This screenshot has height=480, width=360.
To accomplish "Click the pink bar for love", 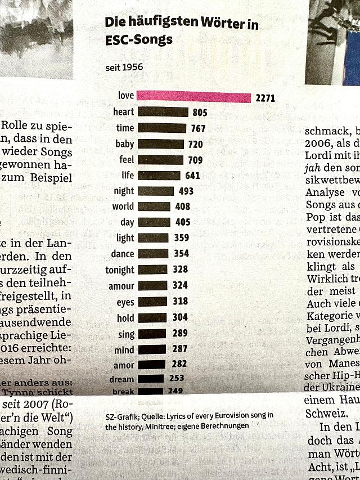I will click(194, 97).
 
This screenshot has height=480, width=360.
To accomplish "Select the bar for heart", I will click(163, 113).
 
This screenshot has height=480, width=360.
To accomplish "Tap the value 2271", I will click(265, 98).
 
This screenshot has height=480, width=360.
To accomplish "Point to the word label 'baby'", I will click(125, 144).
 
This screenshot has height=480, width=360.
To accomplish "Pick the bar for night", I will click(156, 191).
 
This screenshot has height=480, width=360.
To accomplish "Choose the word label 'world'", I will click(123, 207).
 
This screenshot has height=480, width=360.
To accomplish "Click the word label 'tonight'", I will click(120, 270).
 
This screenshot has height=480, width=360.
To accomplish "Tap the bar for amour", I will click(152, 285).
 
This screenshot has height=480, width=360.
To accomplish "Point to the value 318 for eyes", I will click(181, 302).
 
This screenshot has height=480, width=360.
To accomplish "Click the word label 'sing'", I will click(127, 334).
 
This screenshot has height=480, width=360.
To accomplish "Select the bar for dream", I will click(150, 379).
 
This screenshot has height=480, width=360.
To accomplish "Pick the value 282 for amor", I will click(179, 365).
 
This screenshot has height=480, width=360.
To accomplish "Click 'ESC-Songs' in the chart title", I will click(138, 40).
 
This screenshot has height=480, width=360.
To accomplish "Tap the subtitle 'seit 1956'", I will click(124, 68).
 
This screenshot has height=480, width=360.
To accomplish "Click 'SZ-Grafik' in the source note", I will click(120, 416).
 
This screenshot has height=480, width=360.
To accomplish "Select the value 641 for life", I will click(192, 176).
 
